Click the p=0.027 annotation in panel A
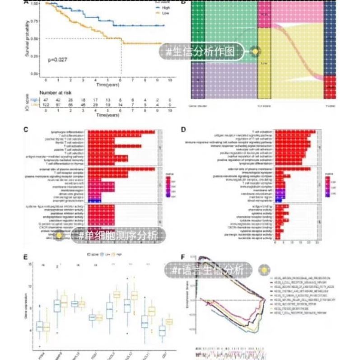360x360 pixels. point(58,59)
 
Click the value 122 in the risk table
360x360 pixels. point(46,104)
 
